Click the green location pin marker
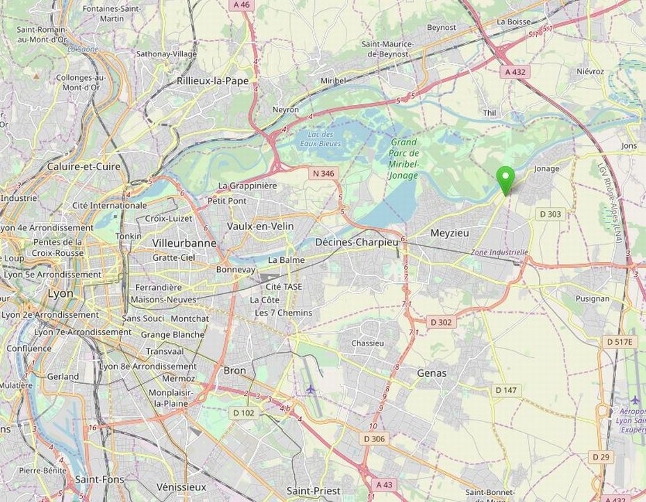point(507,180)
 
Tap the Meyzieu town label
point(450,233)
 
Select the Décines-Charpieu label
point(356,242)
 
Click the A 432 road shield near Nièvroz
point(515,72)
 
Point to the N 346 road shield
point(323,173)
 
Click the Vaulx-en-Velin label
point(260,227)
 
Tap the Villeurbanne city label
point(184,243)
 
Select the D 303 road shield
point(550,214)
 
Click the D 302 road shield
point(441,323)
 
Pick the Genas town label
point(431,373)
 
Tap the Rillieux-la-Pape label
point(212,81)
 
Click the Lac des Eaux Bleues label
point(321,139)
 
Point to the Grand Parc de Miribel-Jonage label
point(403,159)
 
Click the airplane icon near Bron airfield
point(310,389)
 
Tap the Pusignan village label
point(592,298)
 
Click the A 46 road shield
point(241,4)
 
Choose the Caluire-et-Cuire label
point(83,167)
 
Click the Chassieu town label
point(368,343)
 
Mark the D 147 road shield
point(506,391)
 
